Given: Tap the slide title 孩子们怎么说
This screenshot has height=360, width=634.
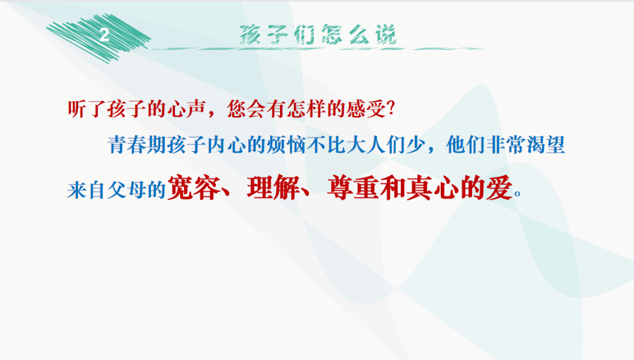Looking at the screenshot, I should pos(318,35).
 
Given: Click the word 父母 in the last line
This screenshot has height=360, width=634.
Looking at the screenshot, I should pos(129,190).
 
